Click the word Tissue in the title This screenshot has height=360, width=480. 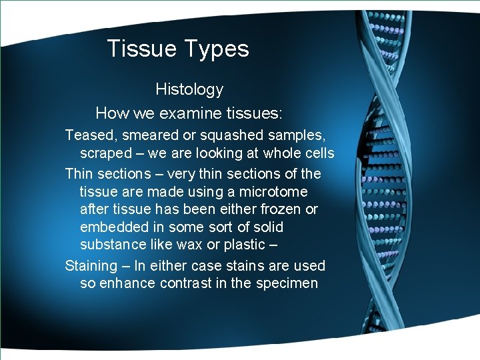[x=139, y=49]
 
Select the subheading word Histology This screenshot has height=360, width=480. [x=189, y=89]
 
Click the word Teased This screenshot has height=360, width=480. [x=88, y=135]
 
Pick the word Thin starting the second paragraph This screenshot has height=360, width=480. [x=79, y=174]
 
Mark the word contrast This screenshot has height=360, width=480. [x=186, y=283]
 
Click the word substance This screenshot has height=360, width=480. [x=111, y=245]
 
